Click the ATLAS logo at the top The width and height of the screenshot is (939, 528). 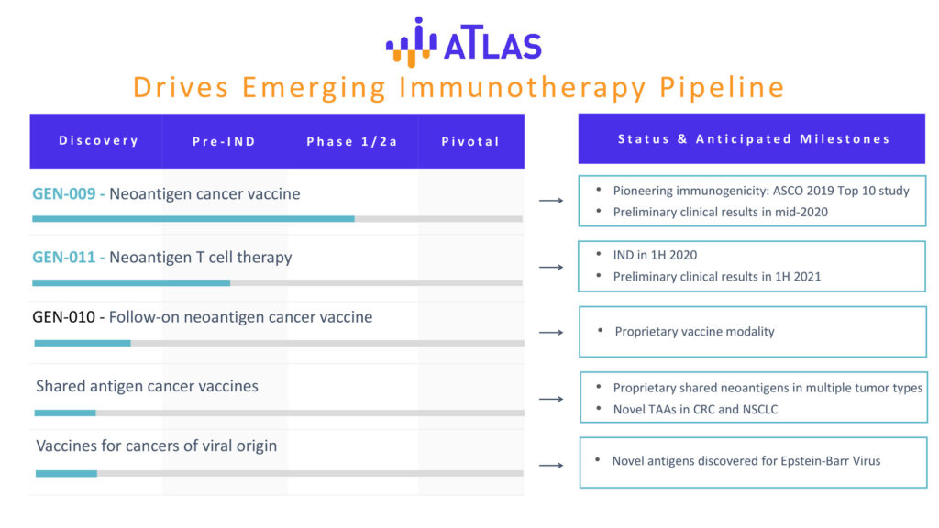coord(463,42)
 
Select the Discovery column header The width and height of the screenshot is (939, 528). coord(99,140)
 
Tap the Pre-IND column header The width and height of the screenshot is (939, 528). coord(224,141)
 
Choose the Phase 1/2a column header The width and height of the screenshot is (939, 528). coord(352,141)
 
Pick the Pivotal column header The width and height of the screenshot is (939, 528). coord(470,141)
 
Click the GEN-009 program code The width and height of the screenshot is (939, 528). coord(64,194)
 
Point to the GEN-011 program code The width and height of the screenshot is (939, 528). coord(64,258)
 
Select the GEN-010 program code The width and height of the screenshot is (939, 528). coord(64,316)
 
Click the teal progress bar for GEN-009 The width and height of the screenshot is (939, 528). coord(193,219)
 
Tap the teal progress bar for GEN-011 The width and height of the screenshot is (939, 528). coord(131,282)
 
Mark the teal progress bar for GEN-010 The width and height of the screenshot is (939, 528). coord(83,343)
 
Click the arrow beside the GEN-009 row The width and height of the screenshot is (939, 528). coord(551,201)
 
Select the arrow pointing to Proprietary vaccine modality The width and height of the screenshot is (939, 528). coord(551,332)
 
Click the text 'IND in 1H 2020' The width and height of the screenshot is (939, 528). coord(655,255)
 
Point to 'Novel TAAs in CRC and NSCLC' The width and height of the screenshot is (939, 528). coord(695,410)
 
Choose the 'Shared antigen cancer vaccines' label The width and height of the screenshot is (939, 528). coord(147,386)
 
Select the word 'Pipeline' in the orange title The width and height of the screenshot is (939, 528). coord(722,87)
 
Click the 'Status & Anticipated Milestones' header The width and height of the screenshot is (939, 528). coord(754,139)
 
